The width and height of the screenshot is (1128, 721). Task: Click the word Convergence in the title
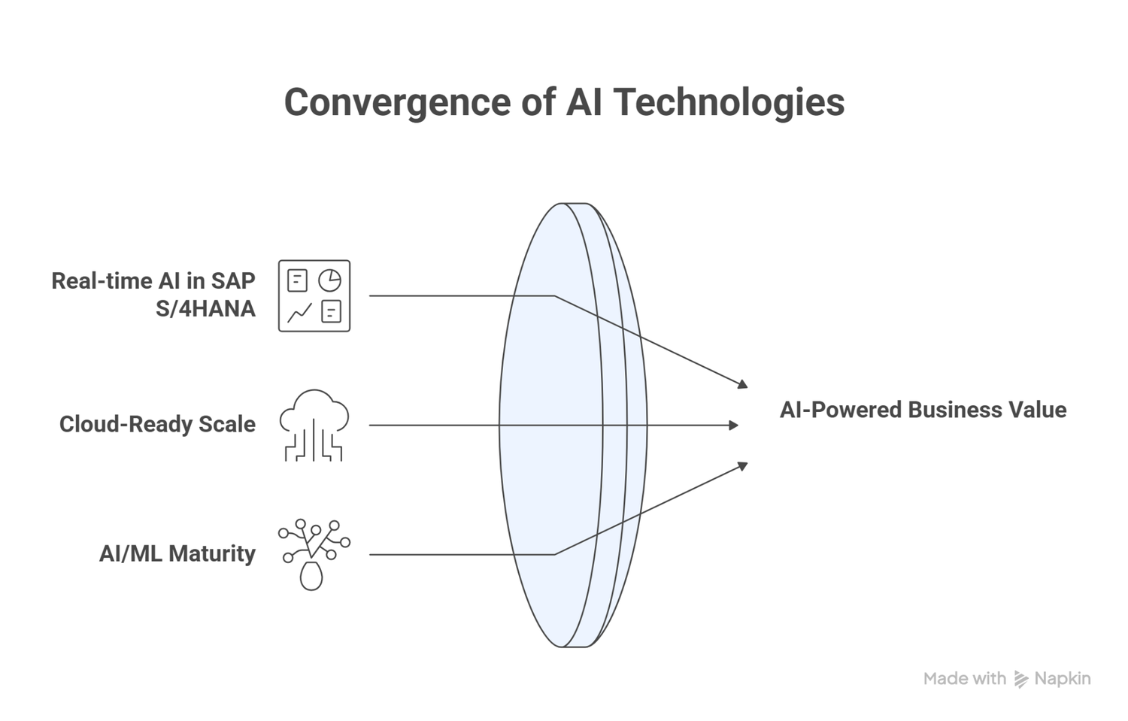click(x=396, y=102)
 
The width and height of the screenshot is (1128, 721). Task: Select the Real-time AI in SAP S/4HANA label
click(x=153, y=295)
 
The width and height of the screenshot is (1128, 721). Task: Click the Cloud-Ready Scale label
click(x=157, y=424)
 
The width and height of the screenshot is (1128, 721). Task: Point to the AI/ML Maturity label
click(x=177, y=553)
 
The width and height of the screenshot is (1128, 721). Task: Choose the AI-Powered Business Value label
click(x=923, y=410)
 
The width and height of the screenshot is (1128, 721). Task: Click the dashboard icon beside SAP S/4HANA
click(x=314, y=295)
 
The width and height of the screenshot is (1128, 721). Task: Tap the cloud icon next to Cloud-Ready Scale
click(x=314, y=424)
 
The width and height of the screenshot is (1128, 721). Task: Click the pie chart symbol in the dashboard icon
click(x=329, y=280)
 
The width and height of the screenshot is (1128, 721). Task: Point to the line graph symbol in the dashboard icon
click(x=299, y=311)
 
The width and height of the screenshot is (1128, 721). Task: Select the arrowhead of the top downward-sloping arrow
click(x=743, y=384)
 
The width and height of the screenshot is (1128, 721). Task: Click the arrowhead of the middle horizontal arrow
click(x=734, y=426)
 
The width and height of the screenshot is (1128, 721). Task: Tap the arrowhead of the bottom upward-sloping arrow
click(x=743, y=466)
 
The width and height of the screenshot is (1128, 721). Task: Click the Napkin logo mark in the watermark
click(x=1020, y=679)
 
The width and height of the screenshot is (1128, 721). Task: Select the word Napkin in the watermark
click(x=1063, y=679)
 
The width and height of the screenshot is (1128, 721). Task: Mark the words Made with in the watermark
click(x=964, y=679)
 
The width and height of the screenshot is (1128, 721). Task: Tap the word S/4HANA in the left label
click(x=205, y=309)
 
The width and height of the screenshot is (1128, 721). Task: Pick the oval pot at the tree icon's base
click(x=311, y=576)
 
